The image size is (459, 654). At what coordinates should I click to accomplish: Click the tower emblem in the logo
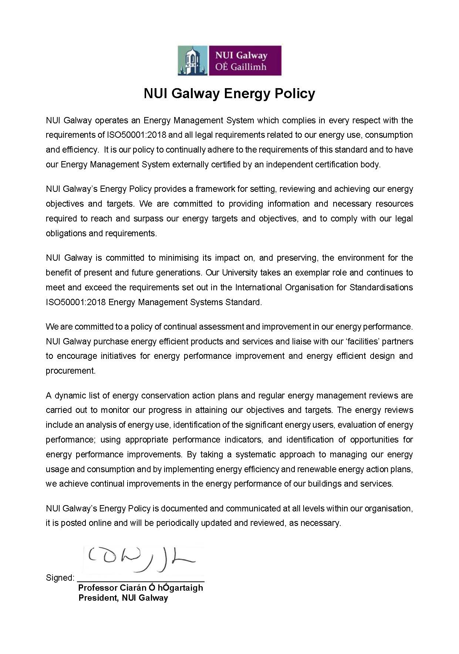[x=192, y=61]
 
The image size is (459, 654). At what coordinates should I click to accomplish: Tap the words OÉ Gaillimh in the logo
[x=241, y=67]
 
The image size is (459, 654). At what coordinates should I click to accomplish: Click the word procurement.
[x=70, y=371]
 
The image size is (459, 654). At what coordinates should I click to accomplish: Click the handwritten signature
[x=141, y=559]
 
